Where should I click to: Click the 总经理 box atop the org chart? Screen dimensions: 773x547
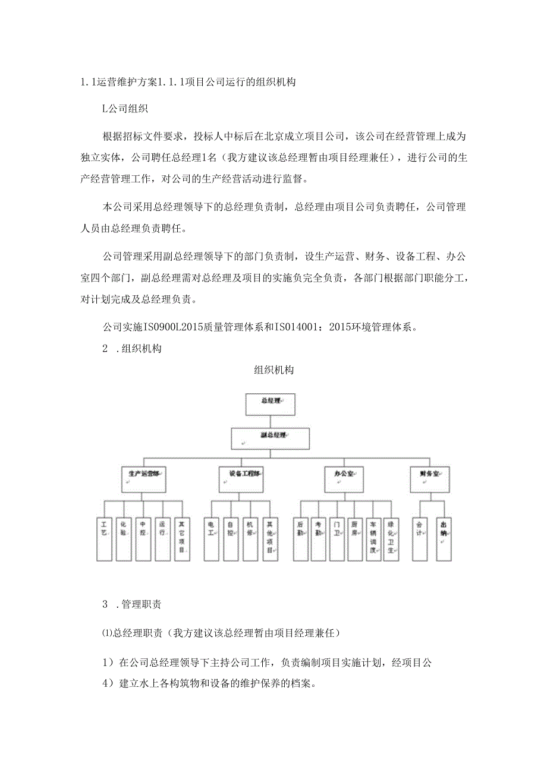tap(271, 404)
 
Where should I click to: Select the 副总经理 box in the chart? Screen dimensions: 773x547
tap(271, 439)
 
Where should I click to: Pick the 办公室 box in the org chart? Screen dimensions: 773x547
tap(344, 478)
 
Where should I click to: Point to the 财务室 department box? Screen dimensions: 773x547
tap(430, 478)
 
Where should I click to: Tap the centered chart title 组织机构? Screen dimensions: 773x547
tap(273, 370)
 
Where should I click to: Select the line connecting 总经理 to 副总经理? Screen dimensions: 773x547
tap(271, 421)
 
